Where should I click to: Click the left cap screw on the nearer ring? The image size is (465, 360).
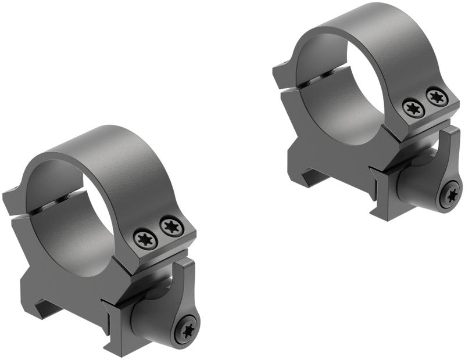(x=145, y=239)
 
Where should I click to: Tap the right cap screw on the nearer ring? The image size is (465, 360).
(x=172, y=226)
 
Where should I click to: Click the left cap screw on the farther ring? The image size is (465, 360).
(x=413, y=109)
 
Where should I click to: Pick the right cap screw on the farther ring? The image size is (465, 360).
(x=437, y=96)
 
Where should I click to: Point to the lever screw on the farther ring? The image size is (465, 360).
(x=450, y=195)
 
